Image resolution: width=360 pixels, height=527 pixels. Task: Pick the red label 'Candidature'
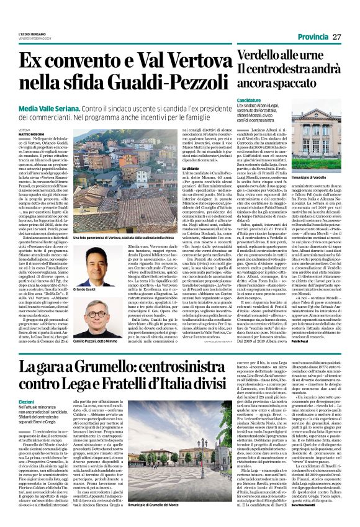click(x=248, y=100)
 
